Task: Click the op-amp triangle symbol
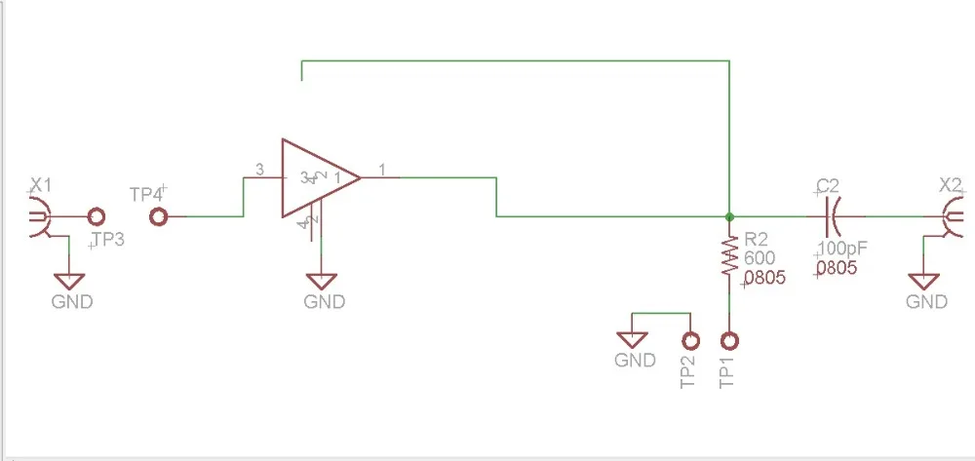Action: pyautogui.click(x=317, y=177)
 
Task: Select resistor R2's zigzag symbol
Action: pyautogui.click(x=728, y=260)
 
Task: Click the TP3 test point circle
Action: pyautogui.click(x=96, y=217)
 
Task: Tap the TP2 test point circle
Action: pyautogui.click(x=690, y=341)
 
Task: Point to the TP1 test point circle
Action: pyautogui.click(x=728, y=341)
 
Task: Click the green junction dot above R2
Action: pyautogui.click(x=728, y=215)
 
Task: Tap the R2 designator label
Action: pyautogui.click(x=757, y=240)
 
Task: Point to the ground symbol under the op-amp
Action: pyautogui.click(x=324, y=281)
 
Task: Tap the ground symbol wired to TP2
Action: pyautogui.click(x=634, y=340)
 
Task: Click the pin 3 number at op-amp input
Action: pyautogui.click(x=259, y=170)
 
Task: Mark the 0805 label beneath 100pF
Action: pyautogui.click(x=838, y=268)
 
